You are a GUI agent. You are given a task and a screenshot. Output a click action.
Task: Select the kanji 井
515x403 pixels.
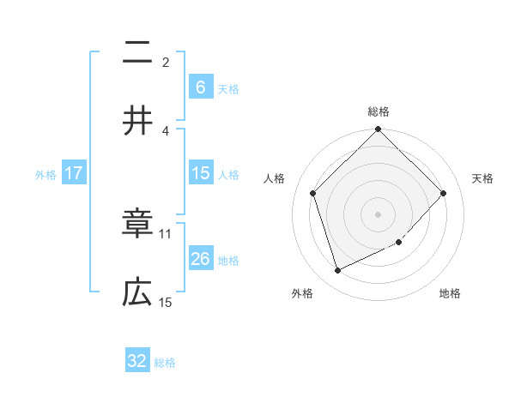click(x=137, y=121)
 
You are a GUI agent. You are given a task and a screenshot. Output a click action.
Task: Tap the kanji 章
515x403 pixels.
click(x=137, y=225)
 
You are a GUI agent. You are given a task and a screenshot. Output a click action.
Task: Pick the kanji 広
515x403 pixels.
click(x=137, y=293)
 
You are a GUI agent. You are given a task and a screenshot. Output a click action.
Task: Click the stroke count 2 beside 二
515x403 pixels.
click(x=166, y=62)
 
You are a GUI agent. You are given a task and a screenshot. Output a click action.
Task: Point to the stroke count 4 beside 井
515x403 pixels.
click(x=166, y=130)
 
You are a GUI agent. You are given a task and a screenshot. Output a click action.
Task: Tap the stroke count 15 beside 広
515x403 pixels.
click(x=166, y=302)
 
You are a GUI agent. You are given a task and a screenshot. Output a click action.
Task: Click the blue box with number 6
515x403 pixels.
click(x=200, y=87)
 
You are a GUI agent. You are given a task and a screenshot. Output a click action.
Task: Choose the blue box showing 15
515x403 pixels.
click(x=200, y=173)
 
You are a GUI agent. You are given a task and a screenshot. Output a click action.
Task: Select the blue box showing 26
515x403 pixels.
click(x=200, y=259)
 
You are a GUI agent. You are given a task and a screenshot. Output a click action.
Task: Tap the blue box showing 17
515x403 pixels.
click(x=74, y=173)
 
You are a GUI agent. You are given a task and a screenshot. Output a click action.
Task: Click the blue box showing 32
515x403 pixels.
click(x=137, y=361)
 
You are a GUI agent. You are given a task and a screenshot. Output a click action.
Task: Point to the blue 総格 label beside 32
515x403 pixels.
click(x=165, y=363)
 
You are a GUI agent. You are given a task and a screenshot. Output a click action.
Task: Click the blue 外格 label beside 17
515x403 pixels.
click(x=45, y=175)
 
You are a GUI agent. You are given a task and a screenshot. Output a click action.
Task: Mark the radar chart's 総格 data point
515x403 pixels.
click(x=378, y=130)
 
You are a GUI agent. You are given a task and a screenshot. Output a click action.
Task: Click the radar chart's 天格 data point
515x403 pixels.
click(x=443, y=193)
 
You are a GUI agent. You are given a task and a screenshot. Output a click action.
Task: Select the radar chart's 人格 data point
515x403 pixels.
click(x=313, y=193)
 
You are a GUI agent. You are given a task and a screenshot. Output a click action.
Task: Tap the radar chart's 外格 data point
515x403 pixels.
click(x=337, y=270)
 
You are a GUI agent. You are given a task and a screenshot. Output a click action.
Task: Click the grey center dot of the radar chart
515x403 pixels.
click(x=378, y=214)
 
